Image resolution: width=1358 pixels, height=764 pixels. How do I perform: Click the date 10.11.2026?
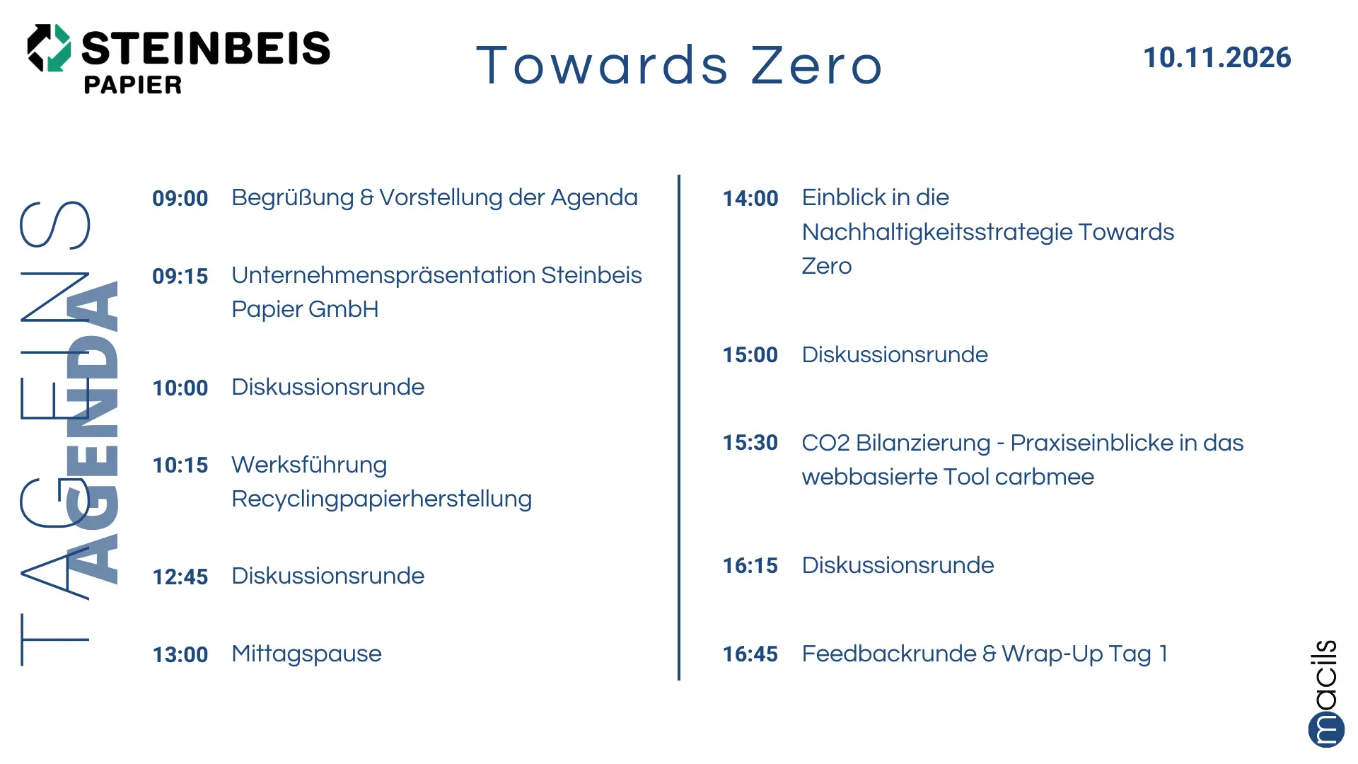point(1217,57)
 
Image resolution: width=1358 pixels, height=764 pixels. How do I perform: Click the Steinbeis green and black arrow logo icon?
point(49,47)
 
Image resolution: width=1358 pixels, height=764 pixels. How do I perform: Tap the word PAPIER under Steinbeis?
point(133,85)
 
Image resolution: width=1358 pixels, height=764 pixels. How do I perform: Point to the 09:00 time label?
point(180,198)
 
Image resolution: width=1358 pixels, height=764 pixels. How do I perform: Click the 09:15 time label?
point(180,276)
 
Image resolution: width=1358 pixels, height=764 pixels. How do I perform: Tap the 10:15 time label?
point(180,465)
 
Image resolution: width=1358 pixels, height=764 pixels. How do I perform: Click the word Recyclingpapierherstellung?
point(382,499)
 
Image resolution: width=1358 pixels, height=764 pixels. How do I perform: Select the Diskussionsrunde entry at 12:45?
point(328,576)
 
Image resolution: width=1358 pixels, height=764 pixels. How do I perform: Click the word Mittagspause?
point(307,654)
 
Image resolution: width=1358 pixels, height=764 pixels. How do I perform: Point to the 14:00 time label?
point(750,198)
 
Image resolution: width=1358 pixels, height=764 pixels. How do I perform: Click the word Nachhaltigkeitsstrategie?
point(936,232)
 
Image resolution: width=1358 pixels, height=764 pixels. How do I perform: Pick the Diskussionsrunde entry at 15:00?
point(895,354)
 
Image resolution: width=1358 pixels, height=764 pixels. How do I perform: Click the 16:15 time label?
point(750,566)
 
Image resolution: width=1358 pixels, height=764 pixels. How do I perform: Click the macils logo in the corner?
point(1326,693)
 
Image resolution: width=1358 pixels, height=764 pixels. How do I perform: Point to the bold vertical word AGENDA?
point(92,432)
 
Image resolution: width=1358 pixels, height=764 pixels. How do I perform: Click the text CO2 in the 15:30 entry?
point(825,443)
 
